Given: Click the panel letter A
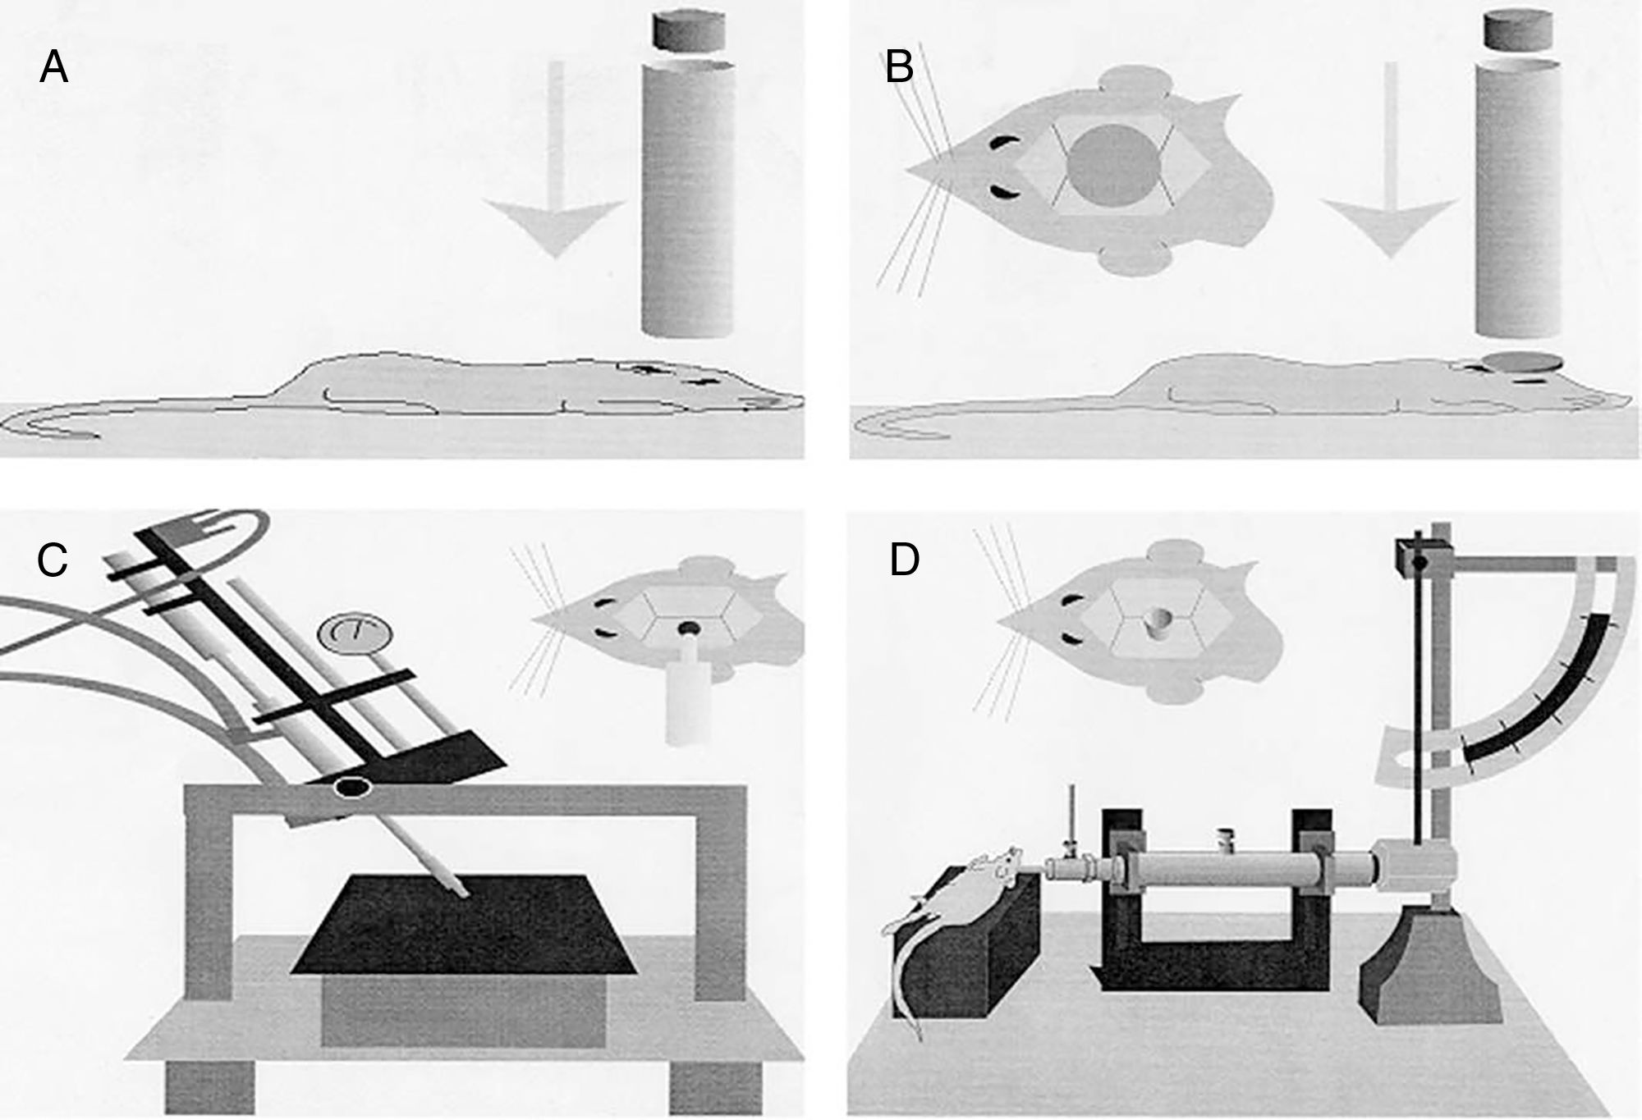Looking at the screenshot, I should tap(53, 67).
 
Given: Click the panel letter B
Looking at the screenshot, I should tap(900, 67).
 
